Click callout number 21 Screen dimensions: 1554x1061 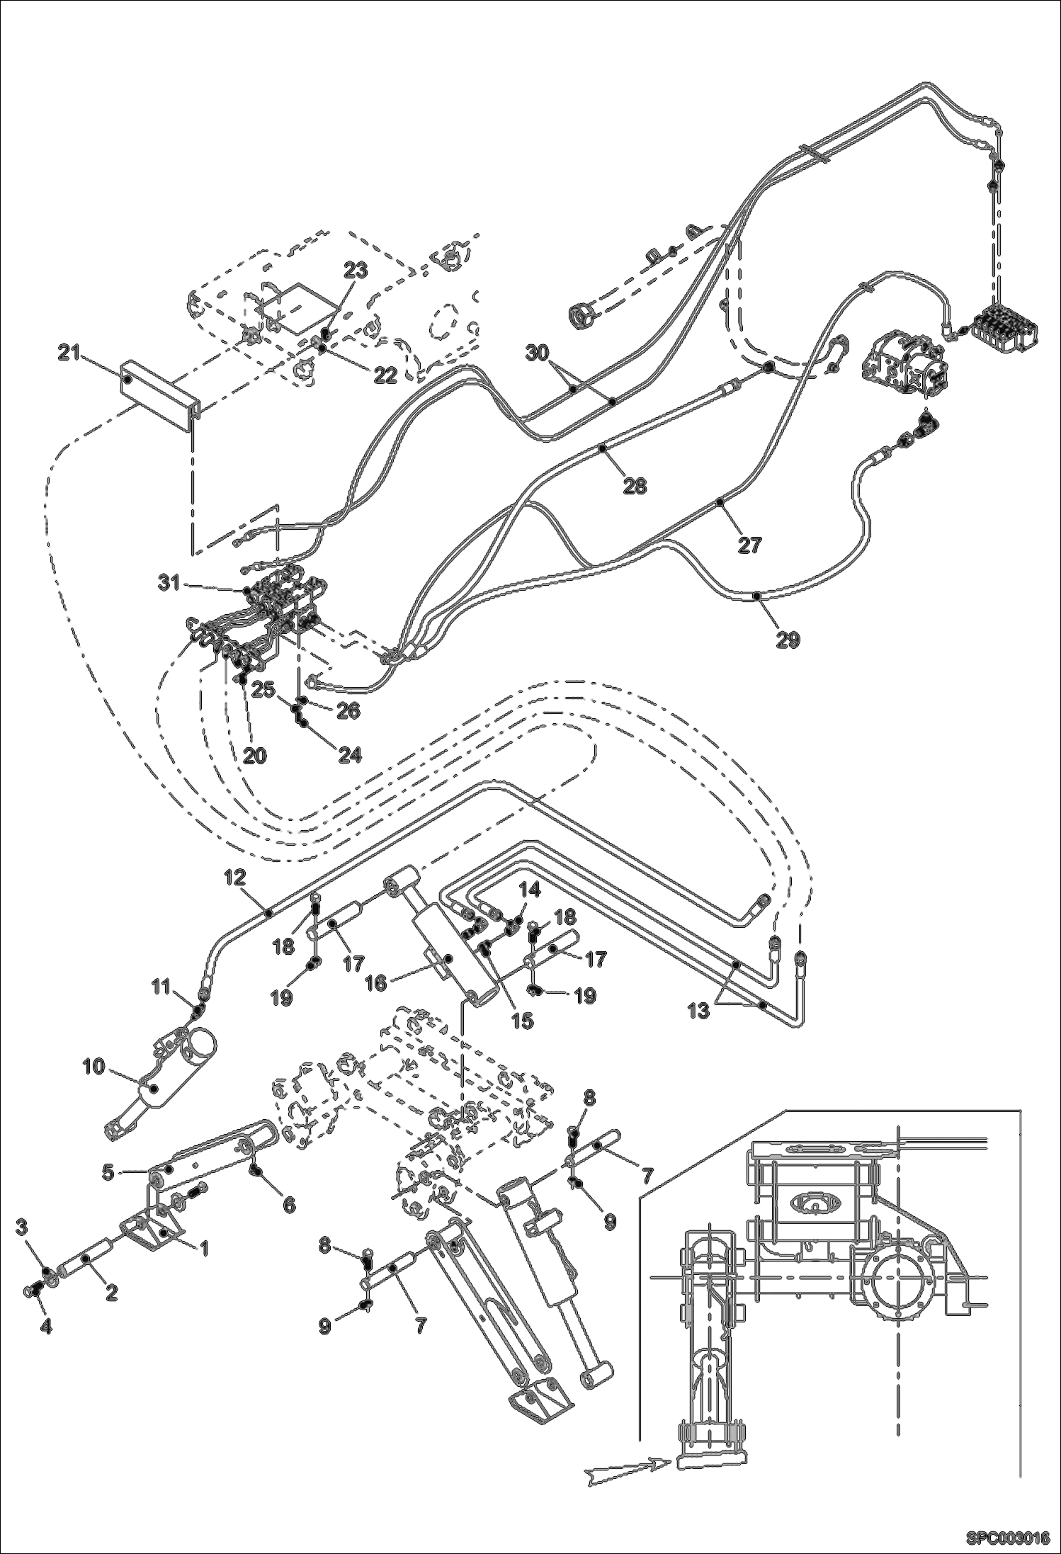click(69, 353)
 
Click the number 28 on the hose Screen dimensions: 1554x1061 click(635, 486)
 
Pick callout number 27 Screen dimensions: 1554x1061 click(749, 545)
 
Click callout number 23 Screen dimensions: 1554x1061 click(356, 271)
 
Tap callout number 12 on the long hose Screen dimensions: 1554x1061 click(235, 878)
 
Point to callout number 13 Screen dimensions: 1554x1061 click(698, 1011)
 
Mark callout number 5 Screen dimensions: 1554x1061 click(108, 1172)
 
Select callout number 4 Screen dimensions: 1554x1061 click(45, 1327)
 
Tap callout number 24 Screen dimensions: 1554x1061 click(349, 755)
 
